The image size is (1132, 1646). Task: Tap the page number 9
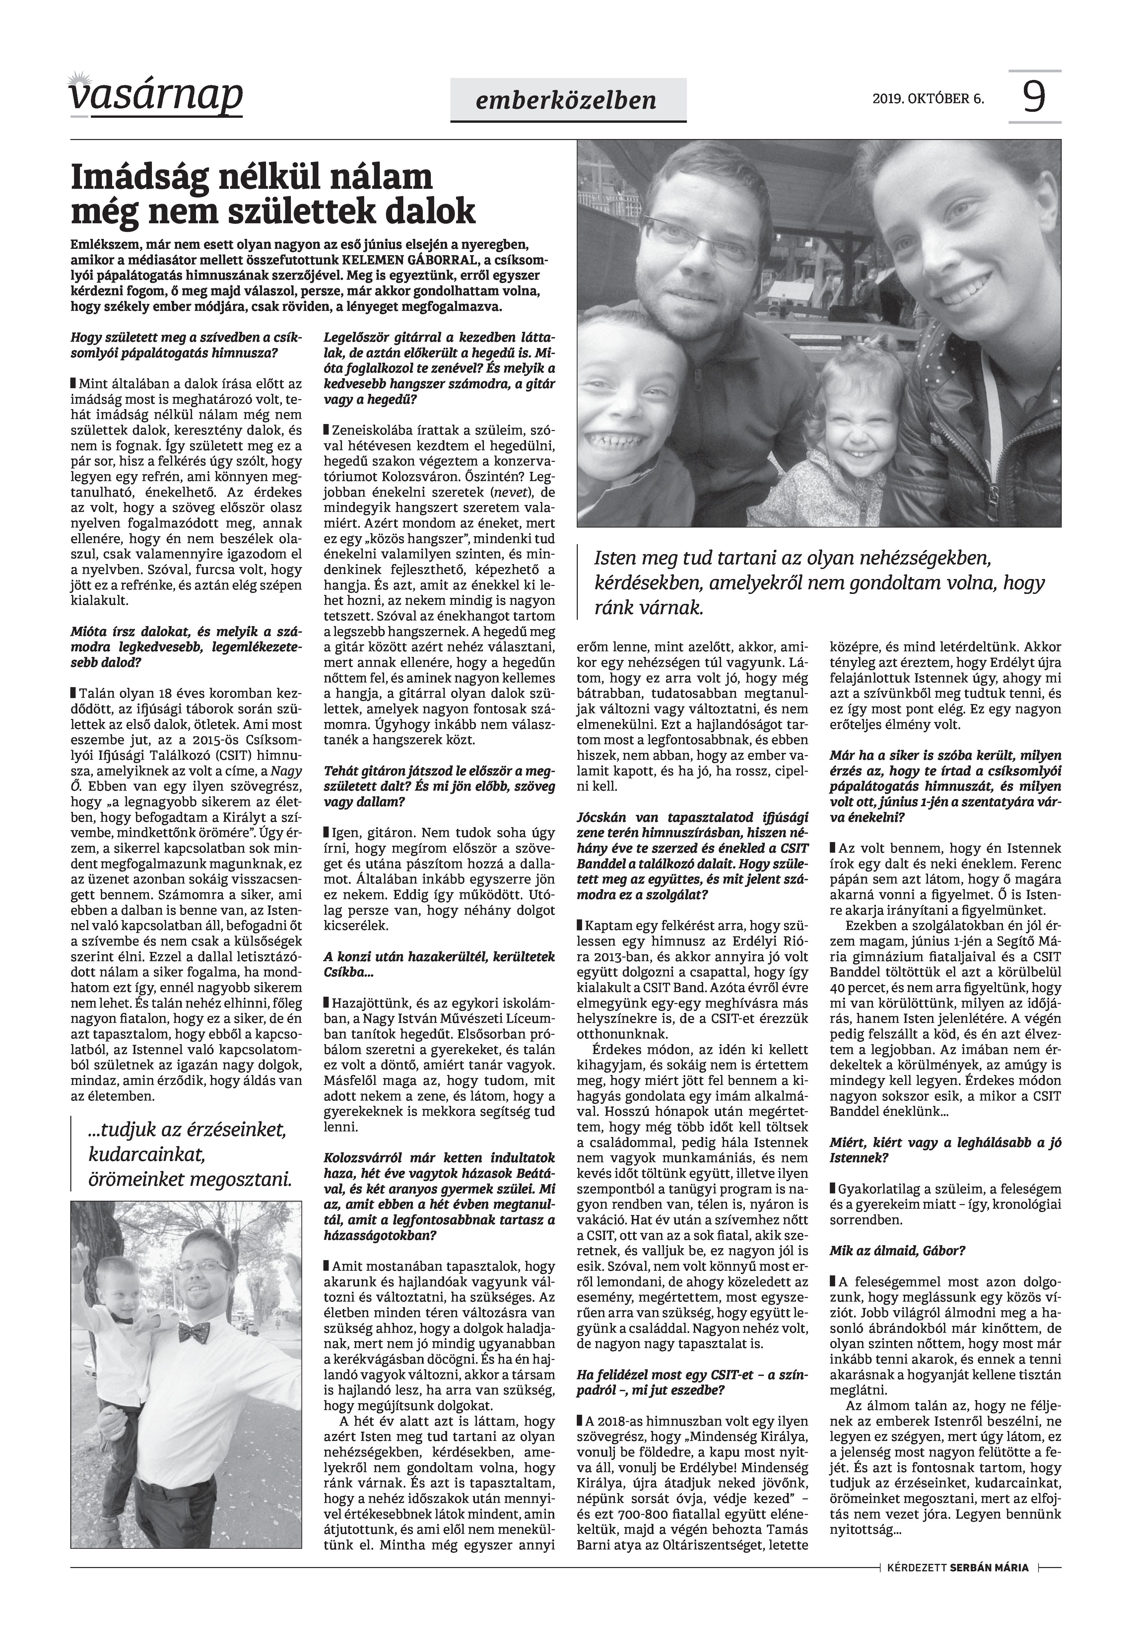click(x=1034, y=97)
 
